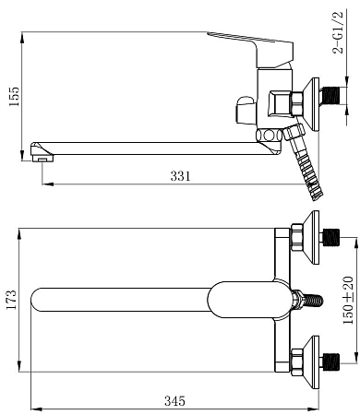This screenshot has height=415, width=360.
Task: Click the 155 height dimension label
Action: [x=14, y=96]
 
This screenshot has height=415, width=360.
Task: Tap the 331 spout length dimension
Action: [x=181, y=176]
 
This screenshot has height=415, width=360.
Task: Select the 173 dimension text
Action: [x=11, y=299]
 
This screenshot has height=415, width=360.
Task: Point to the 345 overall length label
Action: [x=174, y=401]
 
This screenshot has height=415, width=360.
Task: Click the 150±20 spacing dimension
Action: [x=348, y=300]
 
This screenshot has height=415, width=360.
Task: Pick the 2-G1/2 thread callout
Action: [x=338, y=32]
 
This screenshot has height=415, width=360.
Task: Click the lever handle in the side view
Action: [x=251, y=48]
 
